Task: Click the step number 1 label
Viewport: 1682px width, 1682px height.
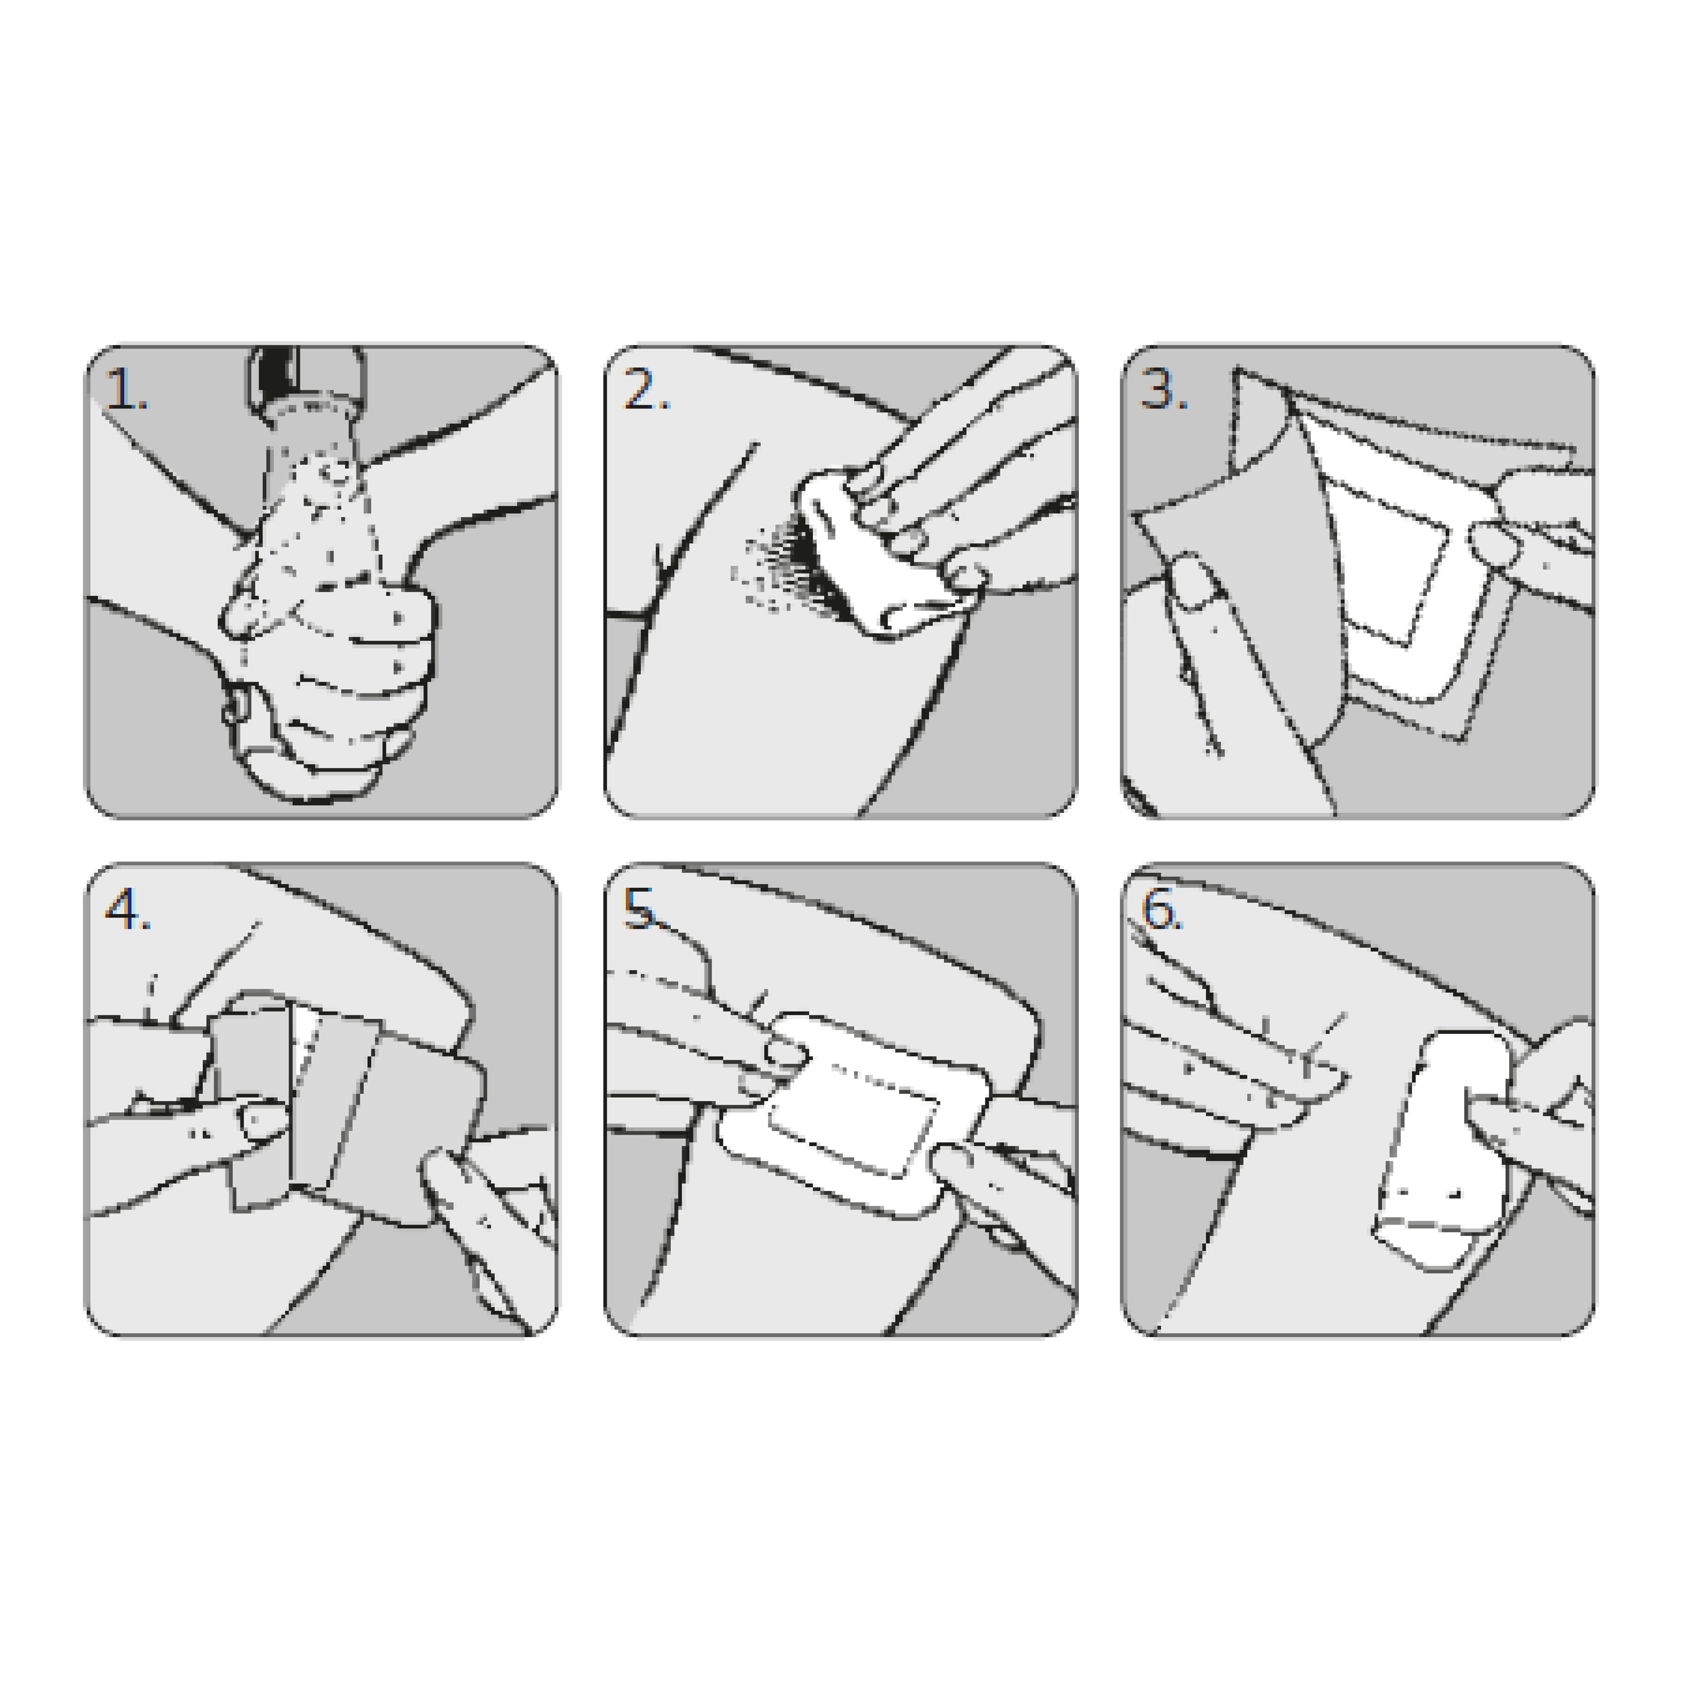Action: point(126,389)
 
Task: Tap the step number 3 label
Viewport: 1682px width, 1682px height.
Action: point(1164,389)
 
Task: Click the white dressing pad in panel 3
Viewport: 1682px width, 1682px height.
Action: point(1384,566)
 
